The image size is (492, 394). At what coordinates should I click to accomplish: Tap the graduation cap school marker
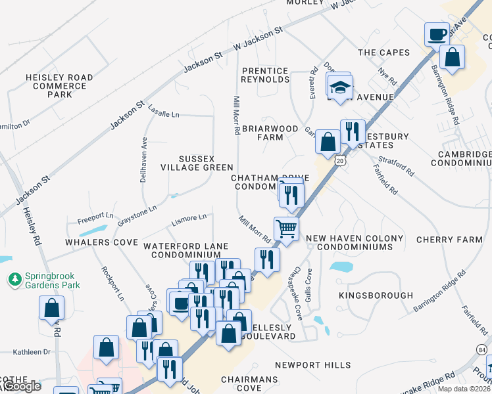pos(340,87)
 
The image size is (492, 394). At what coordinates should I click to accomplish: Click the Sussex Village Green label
pos(197,163)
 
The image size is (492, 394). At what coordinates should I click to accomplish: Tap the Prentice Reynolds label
pos(266,75)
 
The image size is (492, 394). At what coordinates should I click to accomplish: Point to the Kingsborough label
pos(376,295)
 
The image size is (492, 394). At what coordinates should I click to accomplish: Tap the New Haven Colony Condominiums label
pos(355,242)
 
